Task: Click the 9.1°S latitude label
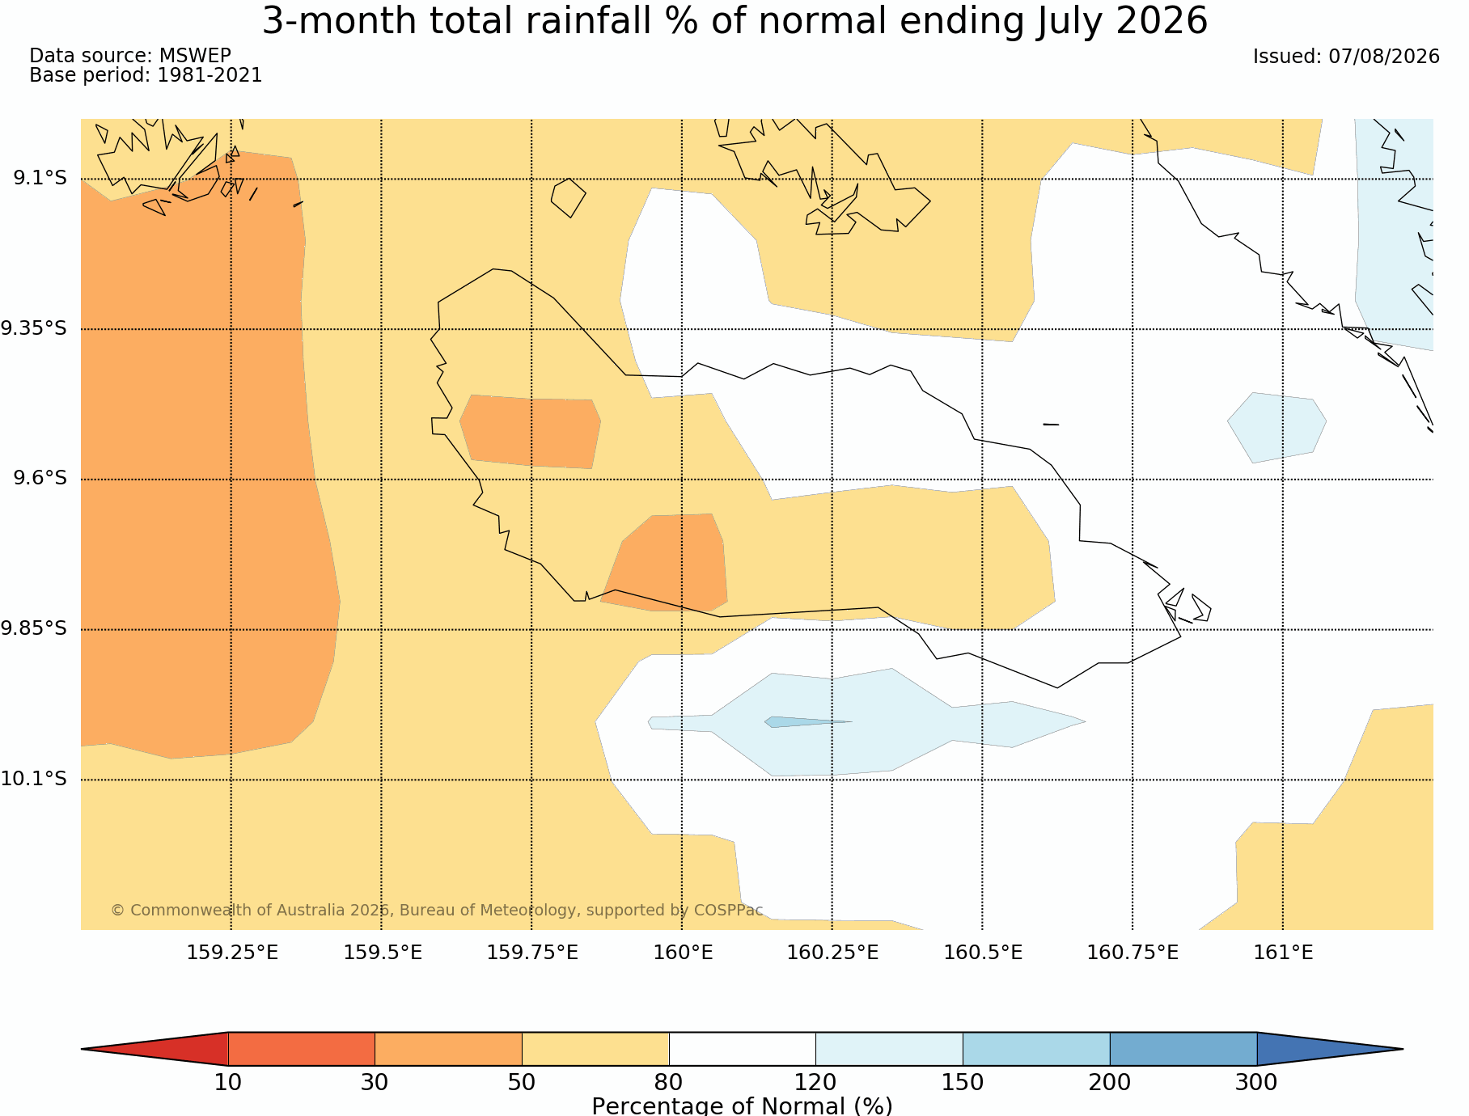click(x=40, y=178)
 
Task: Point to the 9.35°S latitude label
click(x=34, y=328)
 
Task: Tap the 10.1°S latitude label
click(x=34, y=779)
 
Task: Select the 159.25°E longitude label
click(x=232, y=953)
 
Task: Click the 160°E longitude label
click(x=683, y=953)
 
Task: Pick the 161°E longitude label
click(x=1283, y=953)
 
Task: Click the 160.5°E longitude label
click(x=983, y=953)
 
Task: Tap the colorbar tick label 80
click(x=669, y=1082)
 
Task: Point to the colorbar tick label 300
click(x=1256, y=1082)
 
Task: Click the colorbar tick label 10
click(x=228, y=1082)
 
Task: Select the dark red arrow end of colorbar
click(x=155, y=1049)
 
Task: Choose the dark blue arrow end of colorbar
click(x=1330, y=1049)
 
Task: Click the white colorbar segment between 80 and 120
click(x=743, y=1049)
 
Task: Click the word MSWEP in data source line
click(x=195, y=56)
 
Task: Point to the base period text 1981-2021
click(x=210, y=75)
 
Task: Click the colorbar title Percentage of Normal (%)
click(x=742, y=1105)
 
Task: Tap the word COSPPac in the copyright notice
click(x=728, y=910)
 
